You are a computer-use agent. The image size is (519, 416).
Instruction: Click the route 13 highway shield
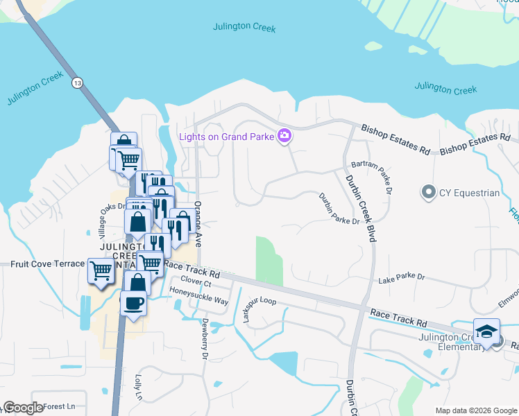76,83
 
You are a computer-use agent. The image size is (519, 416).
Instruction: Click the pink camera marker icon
284,136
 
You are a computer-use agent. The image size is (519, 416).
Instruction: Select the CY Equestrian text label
469,193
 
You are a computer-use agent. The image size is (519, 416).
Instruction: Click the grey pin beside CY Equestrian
428,192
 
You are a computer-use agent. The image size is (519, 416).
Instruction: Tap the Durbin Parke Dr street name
339,208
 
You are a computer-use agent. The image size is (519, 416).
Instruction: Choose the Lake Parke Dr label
401,280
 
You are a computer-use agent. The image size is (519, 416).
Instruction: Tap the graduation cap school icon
486,331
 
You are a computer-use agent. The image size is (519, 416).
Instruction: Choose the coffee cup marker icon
133,303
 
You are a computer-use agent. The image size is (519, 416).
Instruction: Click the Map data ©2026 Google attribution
476,410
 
